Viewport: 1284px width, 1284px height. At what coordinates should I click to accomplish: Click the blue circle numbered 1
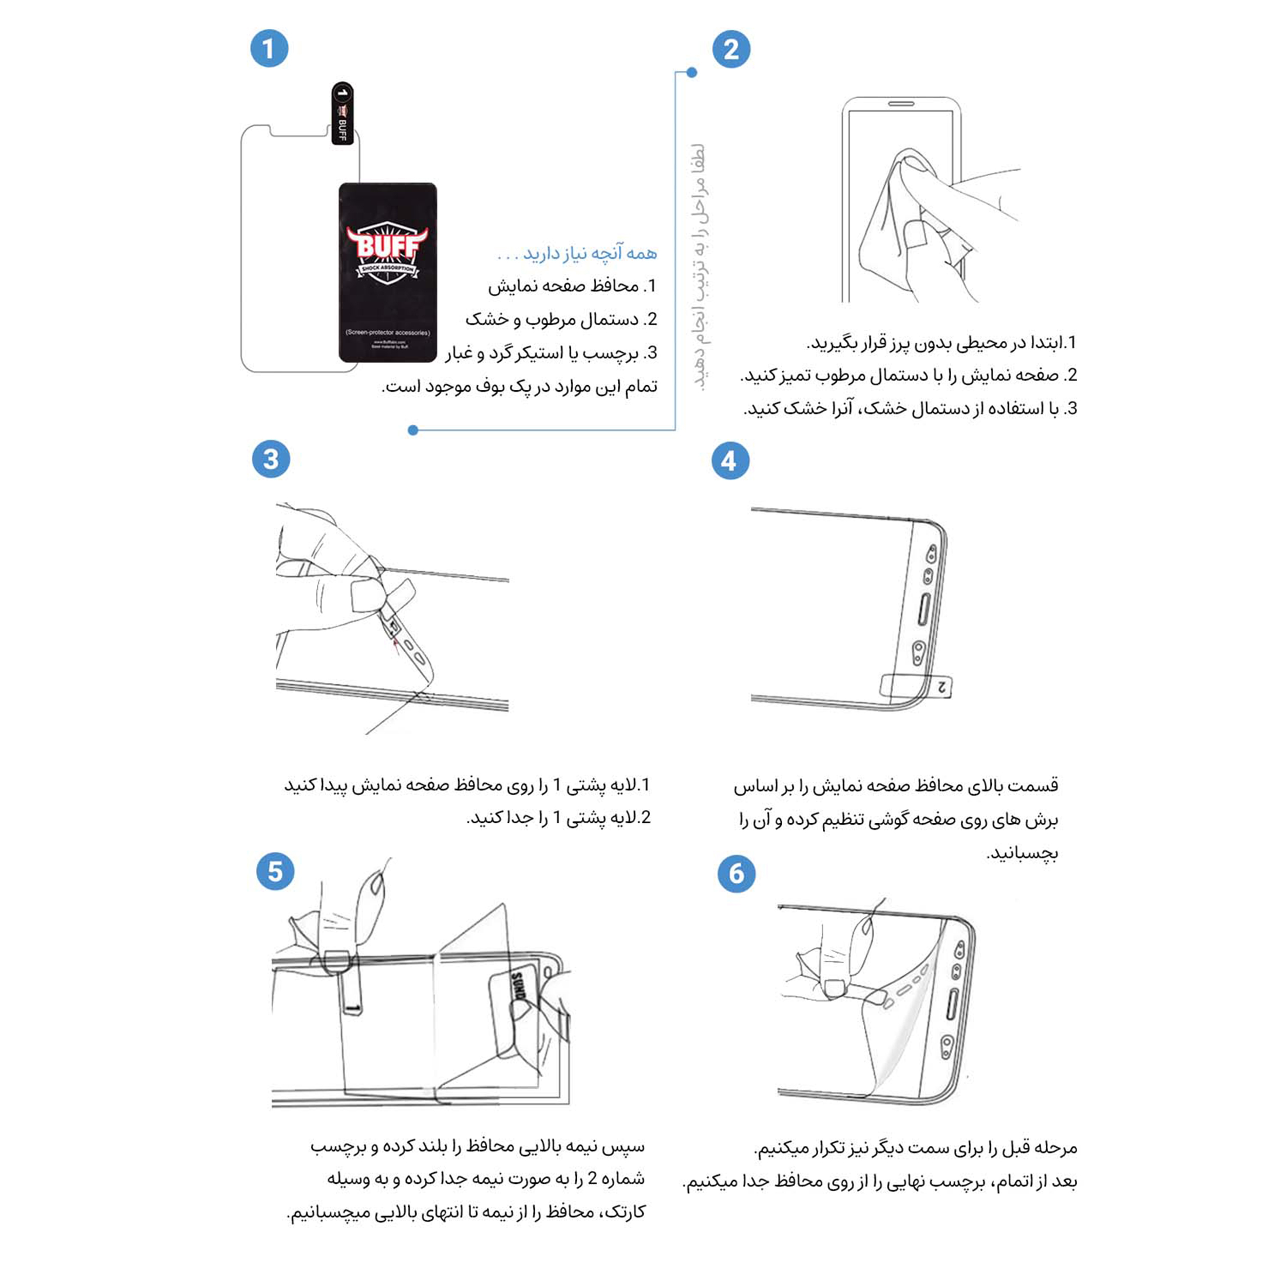click(269, 48)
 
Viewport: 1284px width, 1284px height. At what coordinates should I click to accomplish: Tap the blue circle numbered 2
click(731, 49)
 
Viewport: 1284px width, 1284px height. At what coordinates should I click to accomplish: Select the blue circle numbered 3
click(271, 459)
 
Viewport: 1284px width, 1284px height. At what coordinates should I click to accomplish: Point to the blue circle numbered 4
click(730, 461)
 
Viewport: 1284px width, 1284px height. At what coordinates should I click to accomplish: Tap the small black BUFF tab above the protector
click(342, 113)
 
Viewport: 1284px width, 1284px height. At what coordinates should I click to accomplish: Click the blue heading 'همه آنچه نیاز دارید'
click(577, 253)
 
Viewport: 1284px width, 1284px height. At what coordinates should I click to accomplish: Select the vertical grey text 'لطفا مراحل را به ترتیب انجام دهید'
click(699, 266)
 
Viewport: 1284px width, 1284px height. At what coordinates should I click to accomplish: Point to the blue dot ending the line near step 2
click(692, 72)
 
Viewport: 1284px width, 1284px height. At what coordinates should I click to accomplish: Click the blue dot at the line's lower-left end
click(413, 430)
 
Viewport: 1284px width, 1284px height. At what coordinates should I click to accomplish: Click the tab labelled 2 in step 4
click(941, 686)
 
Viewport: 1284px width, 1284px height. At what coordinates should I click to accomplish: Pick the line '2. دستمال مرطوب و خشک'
click(561, 319)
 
